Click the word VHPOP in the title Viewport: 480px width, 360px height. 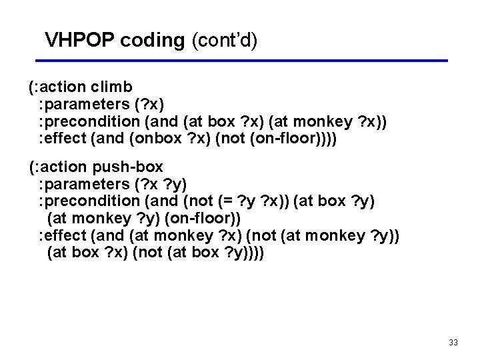click(x=80, y=40)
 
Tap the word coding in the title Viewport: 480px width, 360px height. click(x=153, y=40)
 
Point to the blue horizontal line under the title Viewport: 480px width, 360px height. click(x=247, y=61)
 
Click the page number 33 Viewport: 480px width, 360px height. click(x=453, y=343)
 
